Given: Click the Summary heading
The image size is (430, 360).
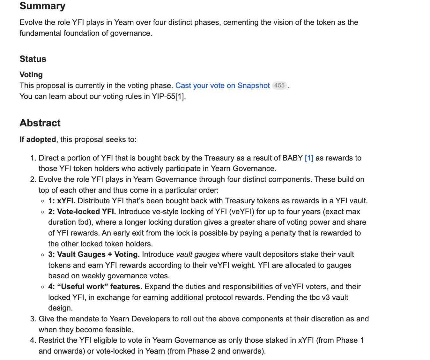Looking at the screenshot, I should pos(42,6).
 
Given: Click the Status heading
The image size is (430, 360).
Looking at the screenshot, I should pos(33,59).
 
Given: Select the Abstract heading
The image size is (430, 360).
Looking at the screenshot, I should pos(40,123).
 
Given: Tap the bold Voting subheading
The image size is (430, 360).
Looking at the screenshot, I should pos(31,75).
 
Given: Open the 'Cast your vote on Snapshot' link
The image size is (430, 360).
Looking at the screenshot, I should pos(222,86).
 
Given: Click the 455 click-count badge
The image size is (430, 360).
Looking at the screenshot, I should pos(279,86).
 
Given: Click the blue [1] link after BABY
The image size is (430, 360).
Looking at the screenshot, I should pos(309,158).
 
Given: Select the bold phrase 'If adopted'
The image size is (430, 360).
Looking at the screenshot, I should pos(38,139).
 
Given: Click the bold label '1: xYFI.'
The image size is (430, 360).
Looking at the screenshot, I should pos(62,201).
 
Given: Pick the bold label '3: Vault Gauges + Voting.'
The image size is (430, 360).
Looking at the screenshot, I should pos(94,254).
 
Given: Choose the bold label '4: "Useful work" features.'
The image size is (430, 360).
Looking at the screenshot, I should pos(95,287).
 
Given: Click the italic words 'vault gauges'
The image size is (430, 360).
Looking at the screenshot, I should pos(198,254).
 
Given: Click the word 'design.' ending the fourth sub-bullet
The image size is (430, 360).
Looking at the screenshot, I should pos(60,308).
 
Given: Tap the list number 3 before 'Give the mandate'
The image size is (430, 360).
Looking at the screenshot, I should pos(33,319).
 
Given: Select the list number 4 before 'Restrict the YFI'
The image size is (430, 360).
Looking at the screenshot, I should pos(33,340).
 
